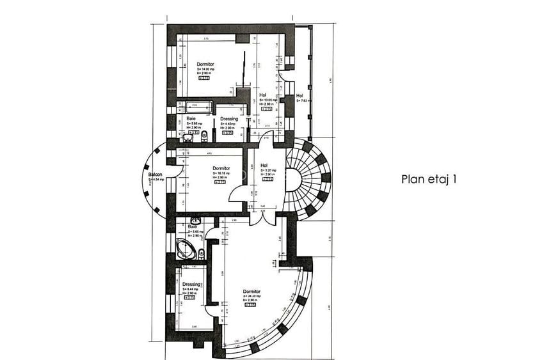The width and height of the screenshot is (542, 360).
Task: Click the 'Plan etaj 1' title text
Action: pyautogui.click(x=429, y=180)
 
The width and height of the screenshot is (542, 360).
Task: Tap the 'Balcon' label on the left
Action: pyautogui.click(x=155, y=174)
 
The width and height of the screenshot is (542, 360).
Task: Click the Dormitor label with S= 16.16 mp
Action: pyautogui.click(x=221, y=169)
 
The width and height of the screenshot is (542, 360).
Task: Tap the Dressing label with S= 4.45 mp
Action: pyautogui.click(x=228, y=119)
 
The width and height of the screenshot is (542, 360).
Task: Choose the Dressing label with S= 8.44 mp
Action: pyautogui.click(x=191, y=285)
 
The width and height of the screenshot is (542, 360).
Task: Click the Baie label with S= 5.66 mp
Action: pyautogui.click(x=191, y=119)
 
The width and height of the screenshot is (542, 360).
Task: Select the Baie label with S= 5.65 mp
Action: pyautogui.click(x=193, y=226)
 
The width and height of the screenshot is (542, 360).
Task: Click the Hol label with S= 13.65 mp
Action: pyautogui.click(x=263, y=95)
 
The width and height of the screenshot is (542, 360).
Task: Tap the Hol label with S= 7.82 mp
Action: pyautogui.click(x=299, y=95)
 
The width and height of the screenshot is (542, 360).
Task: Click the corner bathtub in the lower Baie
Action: pyautogui.click(x=186, y=249)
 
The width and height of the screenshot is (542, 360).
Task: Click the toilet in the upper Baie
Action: pyautogui.click(x=203, y=136)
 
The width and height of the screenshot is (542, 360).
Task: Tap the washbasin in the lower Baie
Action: pyautogui.click(x=196, y=219)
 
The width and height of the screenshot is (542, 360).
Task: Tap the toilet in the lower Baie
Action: pyautogui.click(x=202, y=253)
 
